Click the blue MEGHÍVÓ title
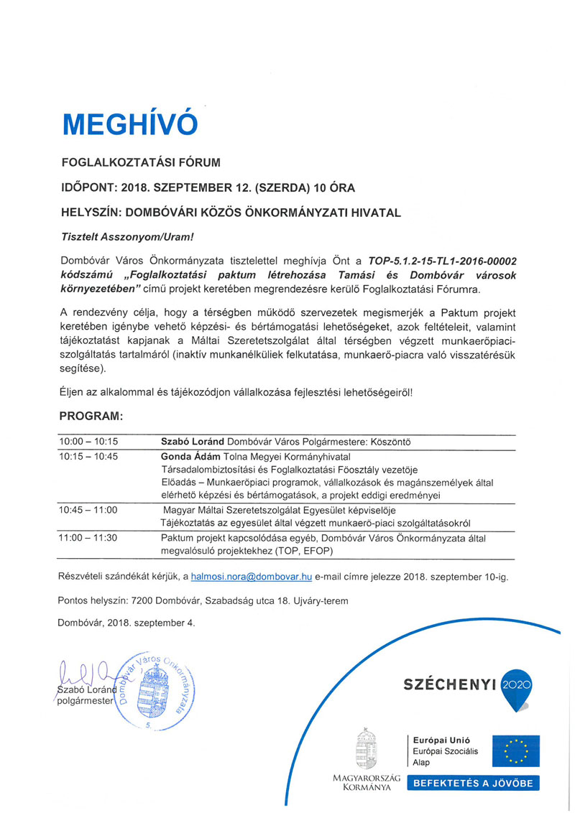point(129,124)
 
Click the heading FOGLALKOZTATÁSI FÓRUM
point(139,162)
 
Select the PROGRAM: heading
point(91,415)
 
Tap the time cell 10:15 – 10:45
point(89,456)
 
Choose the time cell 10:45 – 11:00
point(89,509)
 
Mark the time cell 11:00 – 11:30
point(89,536)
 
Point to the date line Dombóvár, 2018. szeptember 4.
point(126,623)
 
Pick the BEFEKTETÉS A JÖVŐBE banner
point(474,784)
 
